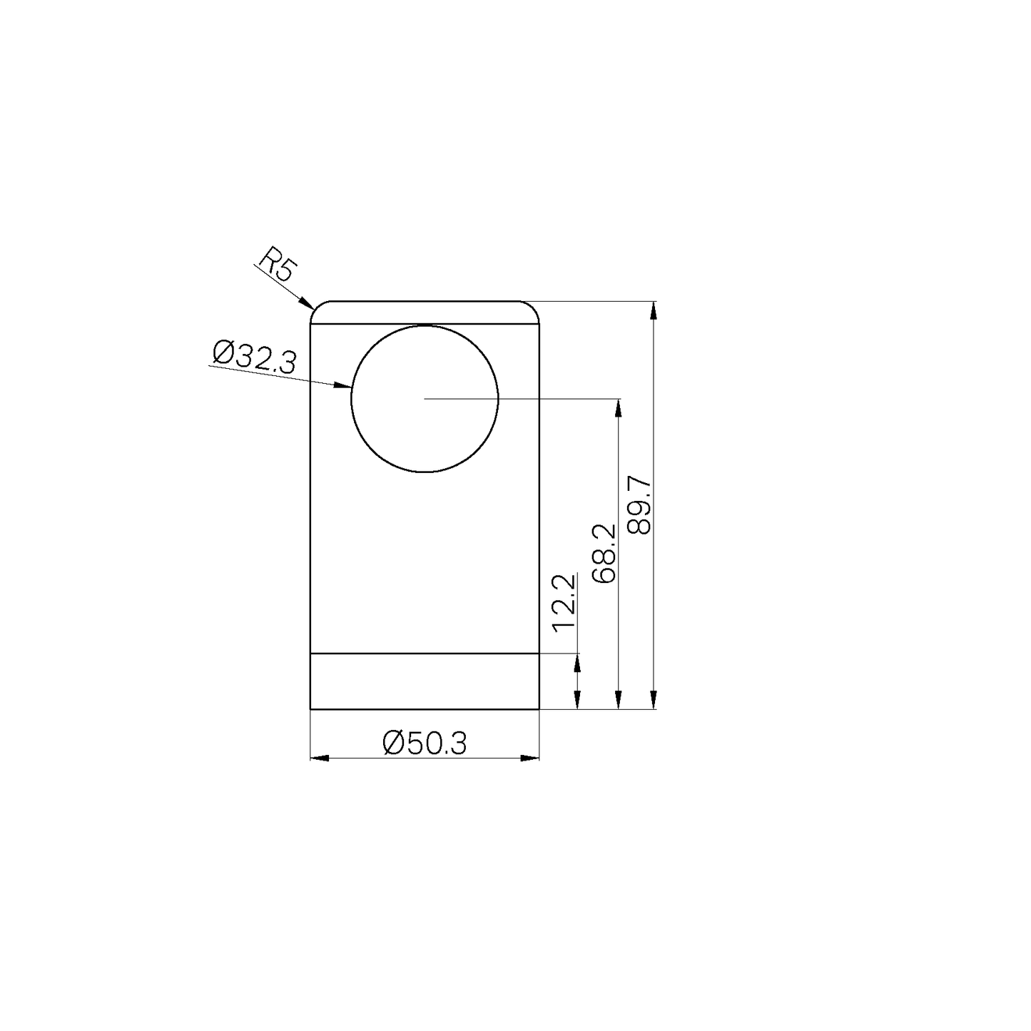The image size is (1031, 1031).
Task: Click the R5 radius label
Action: (x=277, y=264)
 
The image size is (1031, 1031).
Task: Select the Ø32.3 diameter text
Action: (x=253, y=357)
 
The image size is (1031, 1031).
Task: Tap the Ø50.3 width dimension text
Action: (x=425, y=743)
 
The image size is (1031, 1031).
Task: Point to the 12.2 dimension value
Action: (x=564, y=603)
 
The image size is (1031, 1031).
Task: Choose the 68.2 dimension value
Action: (x=604, y=553)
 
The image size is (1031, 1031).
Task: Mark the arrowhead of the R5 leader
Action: (x=307, y=303)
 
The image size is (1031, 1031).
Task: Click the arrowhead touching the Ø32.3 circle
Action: (x=342, y=385)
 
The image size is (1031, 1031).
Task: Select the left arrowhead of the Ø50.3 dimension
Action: (x=320, y=758)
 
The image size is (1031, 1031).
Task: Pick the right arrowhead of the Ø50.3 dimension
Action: (x=529, y=758)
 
